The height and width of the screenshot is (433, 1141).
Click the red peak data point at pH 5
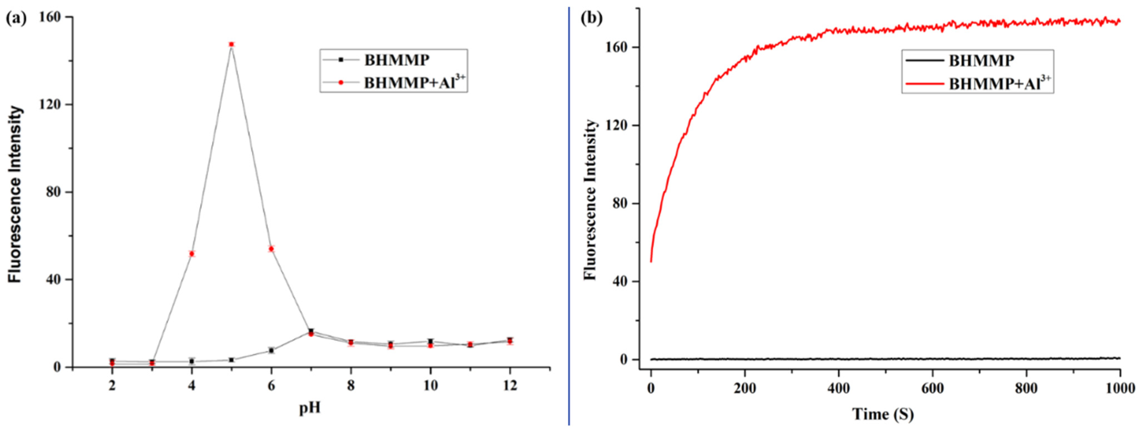pyautogui.click(x=231, y=44)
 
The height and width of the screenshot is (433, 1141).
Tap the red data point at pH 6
pyautogui.click(x=271, y=249)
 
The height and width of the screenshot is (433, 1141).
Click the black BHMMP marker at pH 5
pyautogui.click(x=231, y=360)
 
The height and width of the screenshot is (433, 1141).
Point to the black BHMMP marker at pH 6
pyautogui.click(x=271, y=350)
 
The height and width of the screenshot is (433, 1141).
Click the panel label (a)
pyautogui.click(x=16, y=18)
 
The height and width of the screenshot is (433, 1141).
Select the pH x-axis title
pyautogui.click(x=310, y=408)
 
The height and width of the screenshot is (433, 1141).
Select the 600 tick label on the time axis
pyautogui.click(x=932, y=388)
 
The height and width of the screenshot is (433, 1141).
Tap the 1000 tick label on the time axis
pyautogui.click(x=1120, y=388)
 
